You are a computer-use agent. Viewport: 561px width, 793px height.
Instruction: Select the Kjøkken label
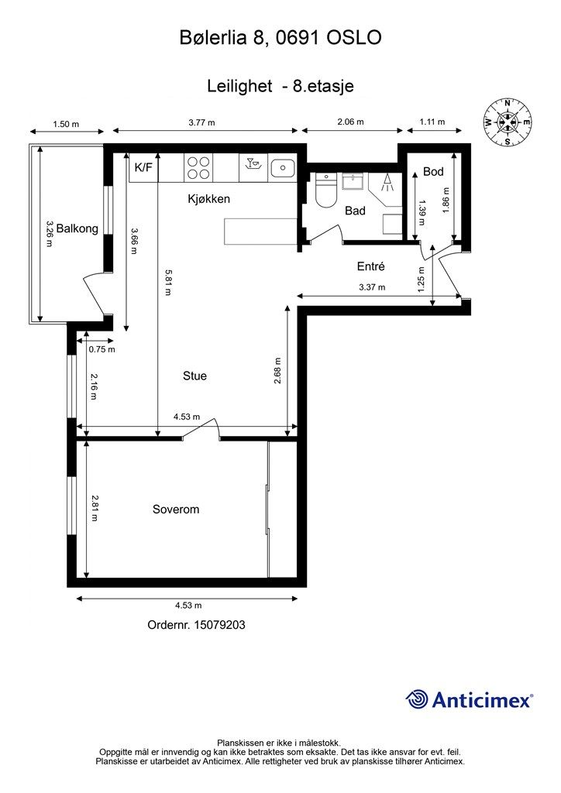pyautogui.click(x=209, y=199)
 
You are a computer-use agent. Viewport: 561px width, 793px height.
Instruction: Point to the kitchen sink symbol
pyautogui.click(x=284, y=166)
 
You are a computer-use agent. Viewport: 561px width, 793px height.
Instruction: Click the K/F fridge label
pyautogui.click(x=143, y=167)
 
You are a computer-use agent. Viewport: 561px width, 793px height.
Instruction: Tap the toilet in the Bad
pyautogui.click(x=325, y=192)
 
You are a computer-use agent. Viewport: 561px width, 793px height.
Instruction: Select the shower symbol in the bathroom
pyautogui.click(x=384, y=185)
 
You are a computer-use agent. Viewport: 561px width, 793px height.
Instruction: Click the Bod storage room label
pyautogui.click(x=433, y=171)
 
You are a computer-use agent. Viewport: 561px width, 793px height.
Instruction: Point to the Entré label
pyautogui.click(x=370, y=266)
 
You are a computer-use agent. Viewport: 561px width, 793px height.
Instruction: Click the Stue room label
pyautogui.click(x=194, y=376)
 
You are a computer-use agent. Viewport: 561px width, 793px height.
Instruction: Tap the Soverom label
pyautogui.click(x=176, y=510)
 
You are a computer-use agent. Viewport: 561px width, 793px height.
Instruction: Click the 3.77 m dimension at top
pyautogui.click(x=202, y=122)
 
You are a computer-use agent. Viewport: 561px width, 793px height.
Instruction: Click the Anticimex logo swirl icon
pyautogui.click(x=418, y=699)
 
